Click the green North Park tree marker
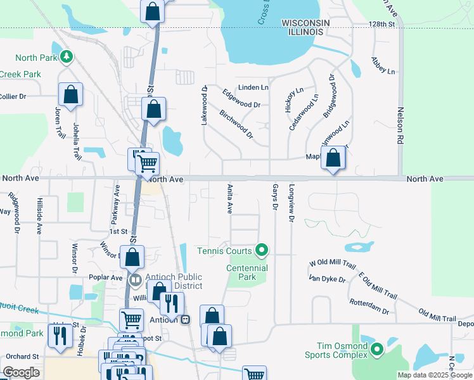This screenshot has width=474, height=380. click(x=66, y=58)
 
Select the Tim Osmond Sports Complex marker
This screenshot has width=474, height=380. click(x=377, y=350)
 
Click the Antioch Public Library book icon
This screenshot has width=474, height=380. click(x=134, y=279)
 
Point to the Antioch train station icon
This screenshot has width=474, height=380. click(x=185, y=319)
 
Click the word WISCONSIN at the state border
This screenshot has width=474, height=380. click(x=305, y=23)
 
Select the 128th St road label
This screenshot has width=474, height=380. click(x=382, y=23)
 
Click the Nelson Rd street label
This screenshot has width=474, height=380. click(x=400, y=130)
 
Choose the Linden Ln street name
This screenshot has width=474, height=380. click(x=253, y=87)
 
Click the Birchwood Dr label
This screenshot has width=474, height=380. click(x=236, y=123)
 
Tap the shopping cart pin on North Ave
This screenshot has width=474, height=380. click(x=147, y=164)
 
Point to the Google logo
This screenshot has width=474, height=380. click(x=21, y=372)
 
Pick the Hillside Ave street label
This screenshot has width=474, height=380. click(x=39, y=215)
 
